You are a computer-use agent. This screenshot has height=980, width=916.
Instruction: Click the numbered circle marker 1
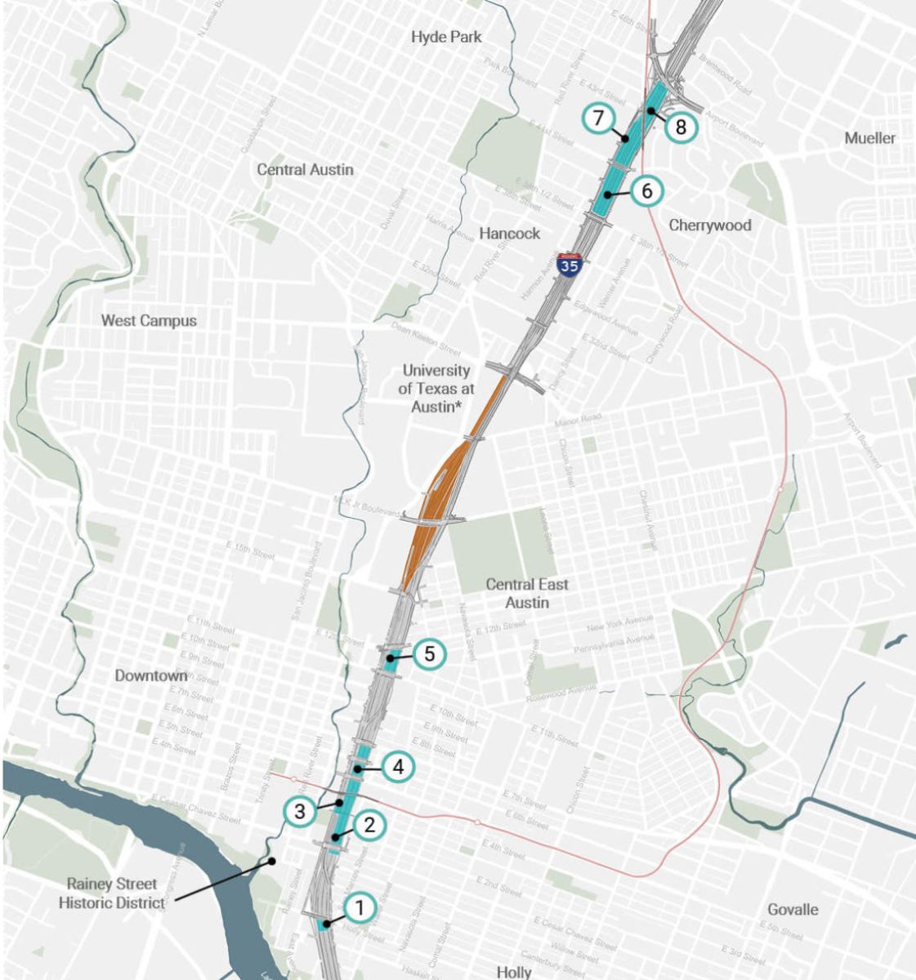tap(360, 907)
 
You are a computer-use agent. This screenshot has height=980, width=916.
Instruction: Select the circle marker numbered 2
tap(369, 825)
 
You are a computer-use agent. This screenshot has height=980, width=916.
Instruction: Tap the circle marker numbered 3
tap(300, 812)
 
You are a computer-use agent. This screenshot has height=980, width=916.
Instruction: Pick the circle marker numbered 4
tap(398, 767)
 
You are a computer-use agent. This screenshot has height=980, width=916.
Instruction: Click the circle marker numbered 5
tap(430, 654)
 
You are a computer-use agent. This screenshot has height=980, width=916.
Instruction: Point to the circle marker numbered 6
tap(646, 191)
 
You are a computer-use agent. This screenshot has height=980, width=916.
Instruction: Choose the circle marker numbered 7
tap(598, 118)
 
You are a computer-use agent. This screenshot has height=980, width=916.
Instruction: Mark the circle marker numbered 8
tap(681, 127)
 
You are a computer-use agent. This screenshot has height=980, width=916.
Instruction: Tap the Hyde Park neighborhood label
tap(446, 37)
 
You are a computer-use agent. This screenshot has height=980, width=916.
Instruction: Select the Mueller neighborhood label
tap(869, 138)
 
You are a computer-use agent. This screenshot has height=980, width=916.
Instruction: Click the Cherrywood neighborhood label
tap(709, 225)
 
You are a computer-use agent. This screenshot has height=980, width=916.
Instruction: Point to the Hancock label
tap(509, 234)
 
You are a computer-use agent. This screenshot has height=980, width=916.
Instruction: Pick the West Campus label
tap(149, 320)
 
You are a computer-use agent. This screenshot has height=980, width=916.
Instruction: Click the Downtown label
tap(151, 675)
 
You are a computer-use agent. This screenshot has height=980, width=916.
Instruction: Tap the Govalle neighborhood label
tap(793, 909)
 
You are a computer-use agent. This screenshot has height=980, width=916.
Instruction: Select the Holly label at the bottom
tap(514, 972)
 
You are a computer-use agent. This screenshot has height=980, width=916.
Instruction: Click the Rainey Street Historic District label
tap(115, 893)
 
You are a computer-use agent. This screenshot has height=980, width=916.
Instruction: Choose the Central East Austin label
tap(527, 594)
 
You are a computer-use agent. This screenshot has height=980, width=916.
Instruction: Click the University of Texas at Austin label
tap(436, 388)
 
